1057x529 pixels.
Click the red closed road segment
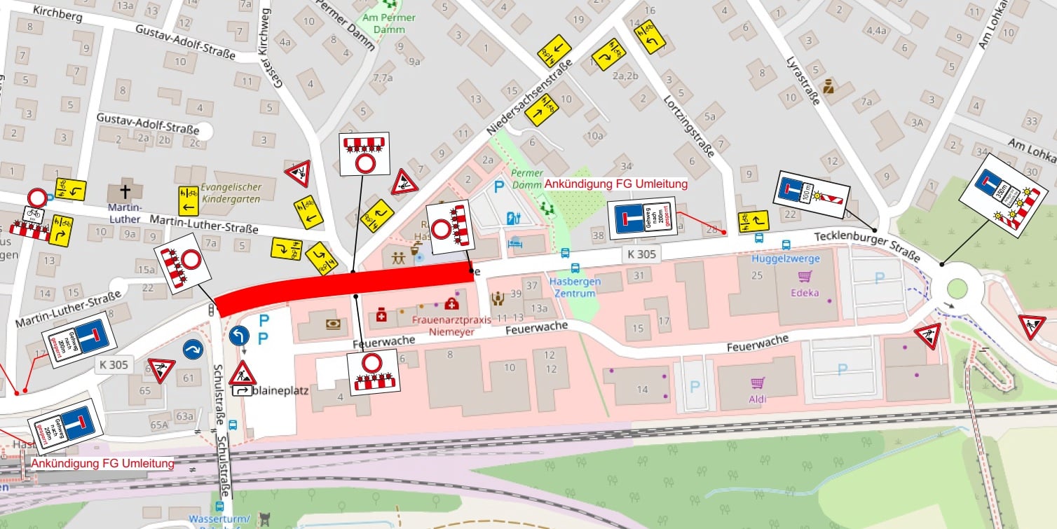click(x=343, y=287)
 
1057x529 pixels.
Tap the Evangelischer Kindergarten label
click(x=231, y=193)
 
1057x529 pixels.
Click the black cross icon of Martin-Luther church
click(x=125, y=192)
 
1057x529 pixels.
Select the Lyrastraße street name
click(x=803, y=81)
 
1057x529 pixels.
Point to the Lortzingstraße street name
click(x=688, y=126)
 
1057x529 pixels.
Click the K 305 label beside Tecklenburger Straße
click(x=642, y=254)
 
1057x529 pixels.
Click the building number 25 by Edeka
click(x=756, y=275)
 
